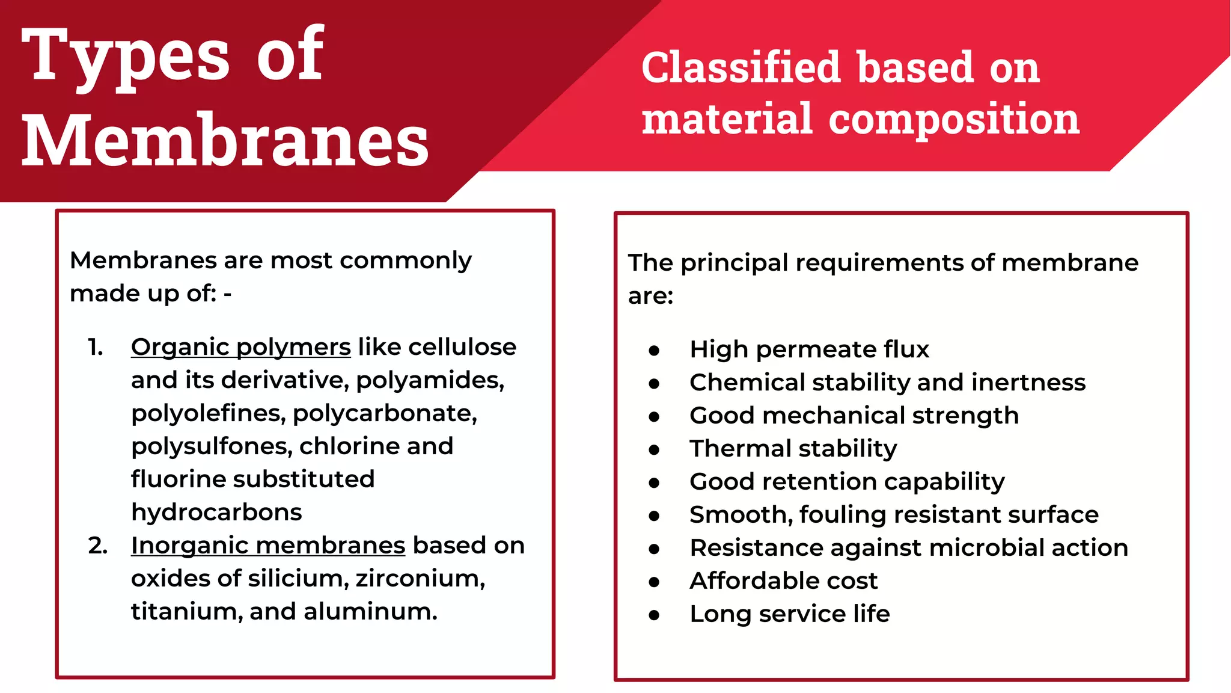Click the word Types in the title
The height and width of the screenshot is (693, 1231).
[x=126, y=57]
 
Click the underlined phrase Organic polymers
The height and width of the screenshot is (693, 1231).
[x=240, y=348]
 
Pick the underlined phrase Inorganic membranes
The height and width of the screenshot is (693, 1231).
[x=268, y=546]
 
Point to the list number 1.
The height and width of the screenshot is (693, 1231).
[x=95, y=348]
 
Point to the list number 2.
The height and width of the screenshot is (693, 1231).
[x=97, y=546]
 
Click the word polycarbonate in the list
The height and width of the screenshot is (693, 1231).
[x=385, y=414]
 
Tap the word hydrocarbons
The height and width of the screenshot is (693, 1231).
[x=216, y=513]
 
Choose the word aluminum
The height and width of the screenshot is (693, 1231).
[x=370, y=612]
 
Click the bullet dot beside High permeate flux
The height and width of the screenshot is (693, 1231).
[x=654, y=351]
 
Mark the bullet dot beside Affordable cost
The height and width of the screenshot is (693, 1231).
[x=654, y=582]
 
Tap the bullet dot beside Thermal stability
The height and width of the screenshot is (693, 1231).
[x=654, y=450]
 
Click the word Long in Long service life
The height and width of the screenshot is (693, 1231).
[x=720, y=615]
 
